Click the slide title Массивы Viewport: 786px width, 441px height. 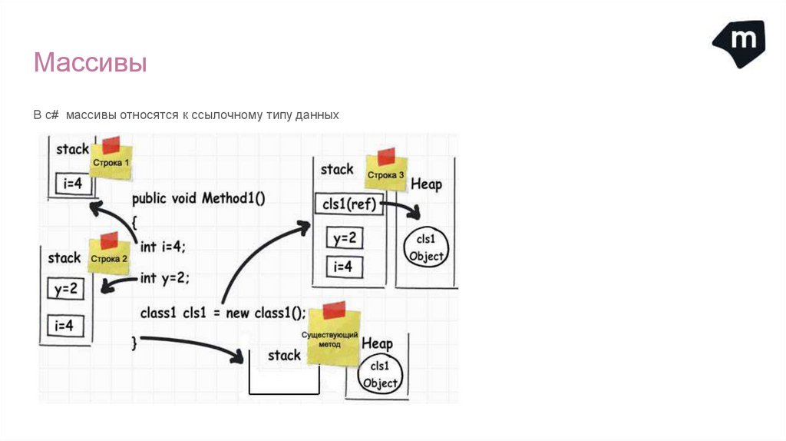tap(90, 63)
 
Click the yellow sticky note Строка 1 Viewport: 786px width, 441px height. tap(111, 162)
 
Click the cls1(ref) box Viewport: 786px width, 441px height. tap(348, 204)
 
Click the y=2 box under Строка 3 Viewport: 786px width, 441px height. tap(344, 238)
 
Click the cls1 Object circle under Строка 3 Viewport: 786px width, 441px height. tap(426, 247)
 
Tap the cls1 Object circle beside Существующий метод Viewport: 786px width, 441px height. tap(379, 374)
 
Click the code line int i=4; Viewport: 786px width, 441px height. tap(163, 247)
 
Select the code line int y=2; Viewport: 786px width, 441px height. tap(164, 277)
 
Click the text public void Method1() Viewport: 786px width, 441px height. tap(198, 198)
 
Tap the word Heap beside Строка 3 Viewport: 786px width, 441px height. tap(426, 184)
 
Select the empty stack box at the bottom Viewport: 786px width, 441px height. tap(283, 376)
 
